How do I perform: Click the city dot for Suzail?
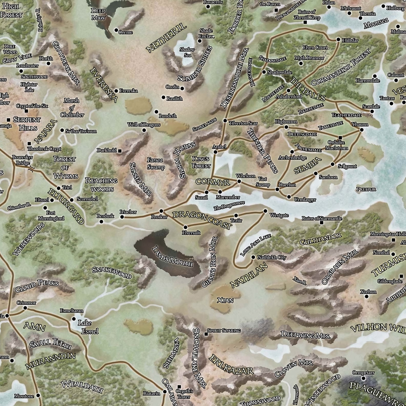click(x=206, y=192)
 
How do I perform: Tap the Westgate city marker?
click(x=265, y=211)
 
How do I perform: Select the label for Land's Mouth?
click(x=172, y=257)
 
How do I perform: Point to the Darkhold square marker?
click(x=120, y=150)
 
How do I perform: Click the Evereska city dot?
click(x=116, y=91)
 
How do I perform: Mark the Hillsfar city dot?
click(x=338, y=40)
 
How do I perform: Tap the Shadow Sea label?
click(x=187, y=52)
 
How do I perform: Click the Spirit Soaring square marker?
click(x=206, y=334)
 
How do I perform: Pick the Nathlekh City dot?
click(x=253, y=257)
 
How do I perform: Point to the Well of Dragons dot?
click(x=144, y=130)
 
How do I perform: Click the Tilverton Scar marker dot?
click(x=225, y=120)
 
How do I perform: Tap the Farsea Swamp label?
click(x=156, y=163)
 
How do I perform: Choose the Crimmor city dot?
click(x=25, y=308)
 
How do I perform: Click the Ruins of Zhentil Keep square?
click(x=305, y=23)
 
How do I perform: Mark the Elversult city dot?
click(x=185, y=227)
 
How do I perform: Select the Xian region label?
click(x=225, y=300)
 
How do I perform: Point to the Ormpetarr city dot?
click(x=363, y=378)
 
